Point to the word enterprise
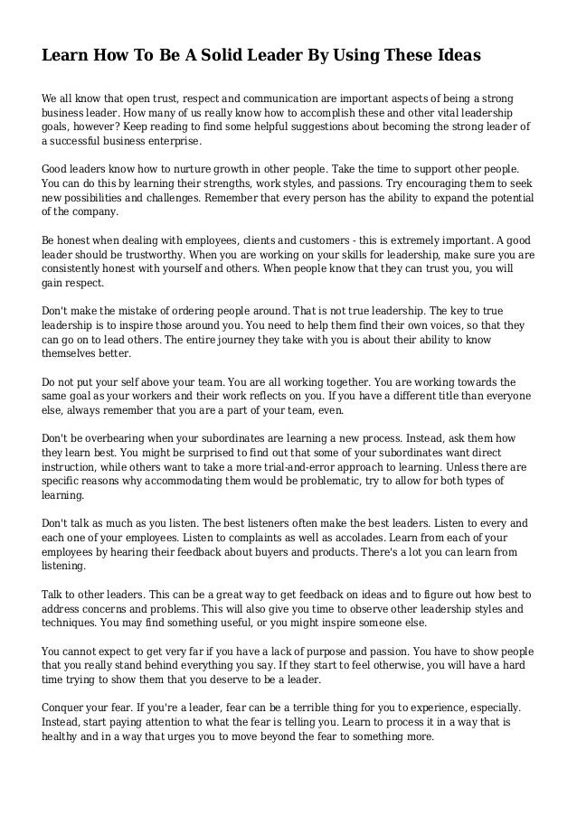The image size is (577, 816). click(172, 142)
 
